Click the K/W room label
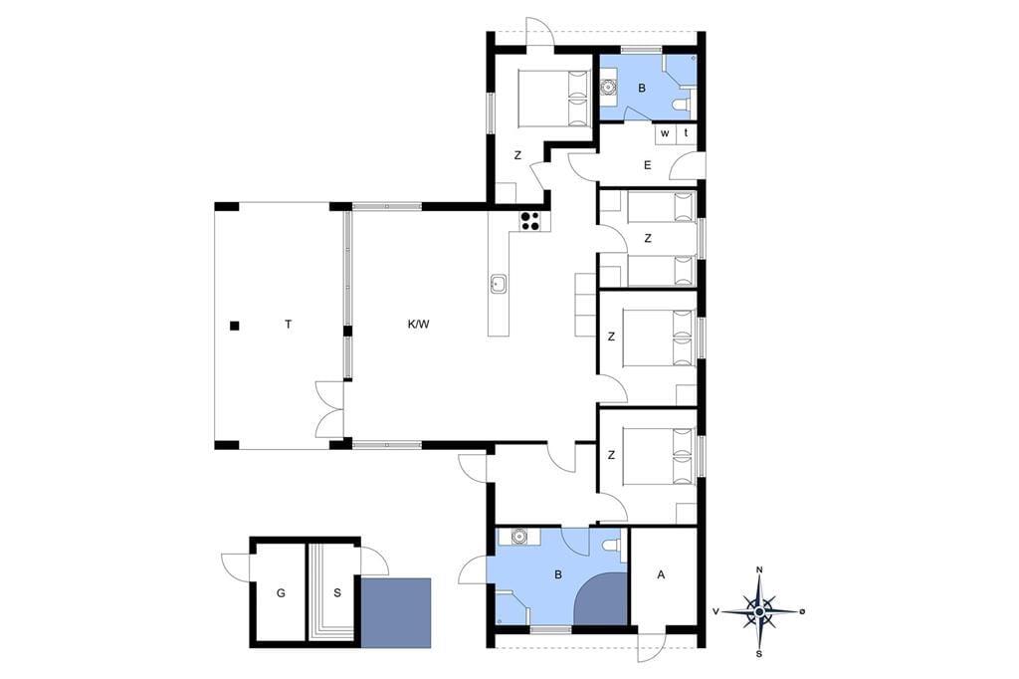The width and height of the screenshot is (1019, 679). (x=419, y=324)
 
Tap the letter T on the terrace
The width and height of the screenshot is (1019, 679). (x=288, y=324)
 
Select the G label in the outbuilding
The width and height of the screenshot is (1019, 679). (x=281, y=592)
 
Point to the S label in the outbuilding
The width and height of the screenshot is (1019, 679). (x=337, y=592)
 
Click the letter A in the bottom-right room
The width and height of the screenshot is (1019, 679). (x=662, y=574)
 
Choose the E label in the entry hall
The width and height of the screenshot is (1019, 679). (x=647, y=165)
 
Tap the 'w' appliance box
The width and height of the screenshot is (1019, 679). (x=665, y=133)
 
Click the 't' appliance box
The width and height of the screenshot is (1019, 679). (x=687, y=133)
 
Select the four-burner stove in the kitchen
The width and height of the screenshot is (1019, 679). (x=530, y=220)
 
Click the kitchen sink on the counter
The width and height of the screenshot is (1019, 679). (x=498, y=284)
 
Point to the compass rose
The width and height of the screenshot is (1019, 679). (x=759, y=611)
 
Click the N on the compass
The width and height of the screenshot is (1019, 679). (x=759, y=570)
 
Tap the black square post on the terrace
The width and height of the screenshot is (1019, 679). (x=235, y=326)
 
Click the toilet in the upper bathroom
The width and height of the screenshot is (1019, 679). (x=682, y=105)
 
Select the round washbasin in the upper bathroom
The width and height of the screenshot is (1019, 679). (x=609, y=86)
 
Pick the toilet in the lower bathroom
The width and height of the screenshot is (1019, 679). (x=610, y=546)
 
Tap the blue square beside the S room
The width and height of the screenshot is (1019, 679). (x=396, y=612)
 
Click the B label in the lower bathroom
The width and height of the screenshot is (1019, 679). (x=557, y=574)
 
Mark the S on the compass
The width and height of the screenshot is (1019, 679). (x=759, y=654)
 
